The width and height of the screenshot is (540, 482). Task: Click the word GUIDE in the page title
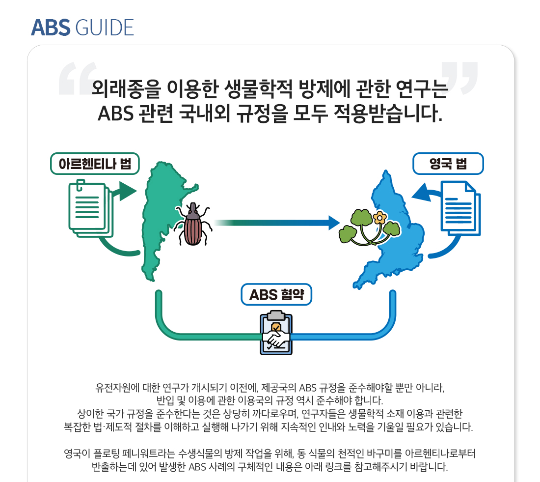[x=105, y=28]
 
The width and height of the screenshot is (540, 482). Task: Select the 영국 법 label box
[x=448, y=164]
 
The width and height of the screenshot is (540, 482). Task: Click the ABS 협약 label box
[x=276, y=295]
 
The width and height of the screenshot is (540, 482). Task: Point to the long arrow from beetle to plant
[x=275, y=223]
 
